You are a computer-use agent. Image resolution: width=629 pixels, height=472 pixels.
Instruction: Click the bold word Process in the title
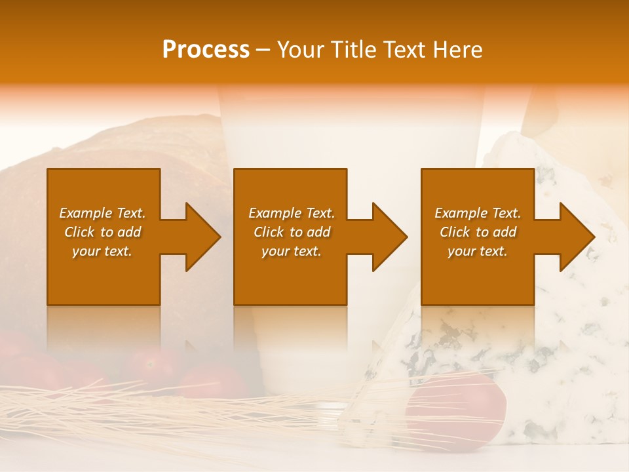click(x=206, y=50)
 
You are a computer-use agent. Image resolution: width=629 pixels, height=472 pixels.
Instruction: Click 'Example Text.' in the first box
click(x=102, y=213)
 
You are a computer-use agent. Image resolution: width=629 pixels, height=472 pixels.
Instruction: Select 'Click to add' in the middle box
click(x=292, y=232)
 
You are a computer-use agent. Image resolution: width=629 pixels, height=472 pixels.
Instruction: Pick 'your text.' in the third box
click(x=478, y=251)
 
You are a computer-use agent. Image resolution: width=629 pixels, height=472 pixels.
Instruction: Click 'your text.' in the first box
click(x=102, y=251)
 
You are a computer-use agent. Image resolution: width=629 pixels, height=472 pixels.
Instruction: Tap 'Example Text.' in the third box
click(x=478, y=213)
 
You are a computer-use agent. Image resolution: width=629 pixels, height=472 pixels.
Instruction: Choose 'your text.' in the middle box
click(x=292, y=251)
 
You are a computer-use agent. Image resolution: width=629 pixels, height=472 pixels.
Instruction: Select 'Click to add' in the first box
click(x=102, y=232)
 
